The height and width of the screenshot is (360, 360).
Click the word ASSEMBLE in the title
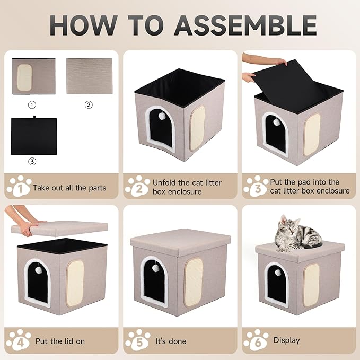[245, 25]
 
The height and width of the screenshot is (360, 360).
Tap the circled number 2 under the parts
[89, 105]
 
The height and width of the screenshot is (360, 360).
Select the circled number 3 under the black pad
[32, 162]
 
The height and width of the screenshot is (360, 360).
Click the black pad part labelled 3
[34, 136]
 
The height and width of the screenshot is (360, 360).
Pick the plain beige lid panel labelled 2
[89, 76]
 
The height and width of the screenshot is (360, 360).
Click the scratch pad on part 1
[24, 77]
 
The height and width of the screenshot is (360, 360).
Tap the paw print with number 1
[19, 186]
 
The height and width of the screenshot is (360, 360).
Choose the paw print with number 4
[19, 340]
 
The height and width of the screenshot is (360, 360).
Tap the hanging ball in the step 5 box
[155, 268]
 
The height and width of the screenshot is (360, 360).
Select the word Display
[286, 340]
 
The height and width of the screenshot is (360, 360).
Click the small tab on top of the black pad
[34, 117]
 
